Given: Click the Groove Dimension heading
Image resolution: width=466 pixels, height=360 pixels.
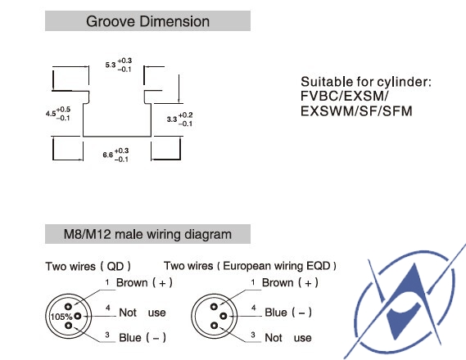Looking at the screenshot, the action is (147, 21).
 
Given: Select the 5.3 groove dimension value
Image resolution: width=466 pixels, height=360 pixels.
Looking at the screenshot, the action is (111, 65).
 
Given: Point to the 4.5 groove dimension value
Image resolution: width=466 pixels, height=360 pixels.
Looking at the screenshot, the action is (51, 114).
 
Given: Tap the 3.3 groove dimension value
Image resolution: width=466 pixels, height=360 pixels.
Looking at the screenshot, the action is (172, 119).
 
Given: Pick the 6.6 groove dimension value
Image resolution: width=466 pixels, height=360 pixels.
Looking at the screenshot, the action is (108, 155).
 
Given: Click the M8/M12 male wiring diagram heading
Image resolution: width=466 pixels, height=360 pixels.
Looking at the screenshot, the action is (147, 234).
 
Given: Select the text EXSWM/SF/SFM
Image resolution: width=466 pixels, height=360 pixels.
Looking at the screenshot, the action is (356, 111).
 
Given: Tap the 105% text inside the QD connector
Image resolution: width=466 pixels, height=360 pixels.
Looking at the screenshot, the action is (61, 317).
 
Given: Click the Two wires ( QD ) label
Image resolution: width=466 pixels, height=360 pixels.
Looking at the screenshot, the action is (88, 266).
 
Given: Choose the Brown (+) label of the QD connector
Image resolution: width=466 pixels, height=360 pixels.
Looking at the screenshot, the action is (144, 282).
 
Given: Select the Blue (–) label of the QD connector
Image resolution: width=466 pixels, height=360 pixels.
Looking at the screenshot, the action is (143, 337).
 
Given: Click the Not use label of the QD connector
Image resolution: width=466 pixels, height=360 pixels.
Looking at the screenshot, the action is (143, 313).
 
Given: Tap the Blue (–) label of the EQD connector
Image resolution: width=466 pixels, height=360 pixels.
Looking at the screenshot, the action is (288, 313).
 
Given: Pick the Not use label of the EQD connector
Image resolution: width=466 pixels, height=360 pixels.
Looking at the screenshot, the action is (288, 338).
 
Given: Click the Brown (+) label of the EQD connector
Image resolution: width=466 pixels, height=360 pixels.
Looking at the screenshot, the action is (290, 282).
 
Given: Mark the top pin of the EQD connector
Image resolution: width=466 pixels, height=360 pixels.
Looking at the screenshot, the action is (214, 307).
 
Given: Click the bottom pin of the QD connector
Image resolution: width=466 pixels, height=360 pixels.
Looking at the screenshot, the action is (68, 326).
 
